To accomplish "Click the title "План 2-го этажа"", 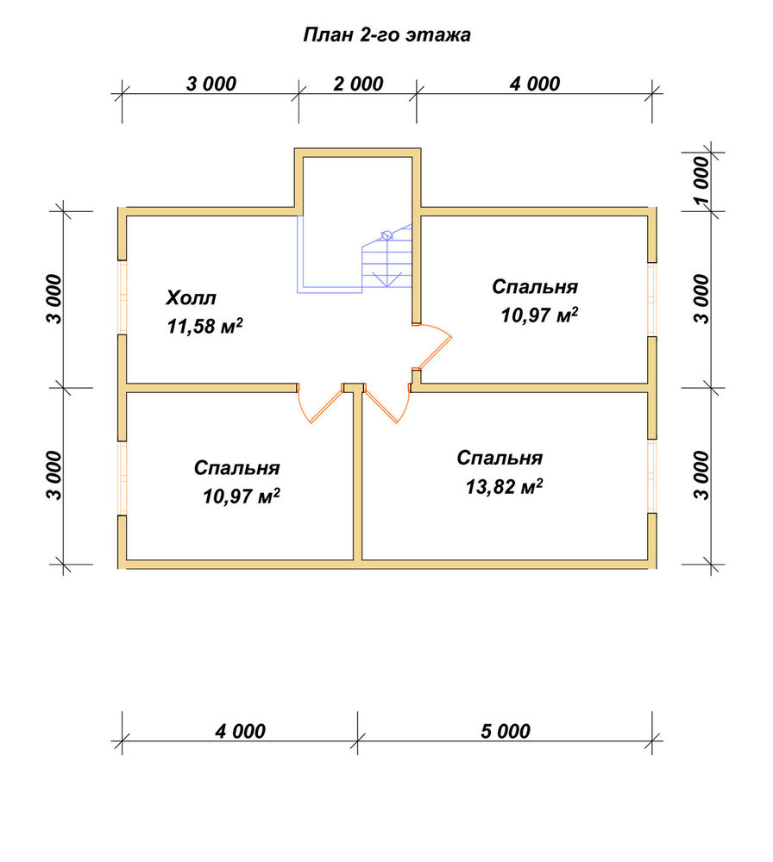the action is pyautogui.click(x=386, y=35).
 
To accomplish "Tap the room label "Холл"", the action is pyautogui.click(x=191, y=298).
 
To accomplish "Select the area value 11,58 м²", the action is pyautogui.click(x=204, y=326).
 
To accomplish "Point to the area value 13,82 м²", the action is pyautogui.click(x=504, y=486).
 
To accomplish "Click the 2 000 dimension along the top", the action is pyautogui.click(x=358, y=84).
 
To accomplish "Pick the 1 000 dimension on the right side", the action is pyautogui.click(x=701, y=181).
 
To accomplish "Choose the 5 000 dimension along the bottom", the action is pyautogui.click(x=506, y=731).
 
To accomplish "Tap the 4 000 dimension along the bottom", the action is pyautogui.click(x=241, y=731).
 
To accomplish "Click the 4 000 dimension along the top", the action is pyautogui.click(x=535, y=84).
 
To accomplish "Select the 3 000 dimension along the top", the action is pyautogui.click(x=211, y=84).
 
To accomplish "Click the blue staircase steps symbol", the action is pyautogui.click(x=386, y=259).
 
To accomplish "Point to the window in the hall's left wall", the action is pyautogui.click(x=123, y=297).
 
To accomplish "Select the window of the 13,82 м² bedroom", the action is pyautogui.click(x=652, y=476).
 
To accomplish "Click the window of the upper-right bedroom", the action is pyautogui.click(x=652, y=300).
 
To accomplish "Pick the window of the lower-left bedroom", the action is pyautogui.click(x=123, y=478).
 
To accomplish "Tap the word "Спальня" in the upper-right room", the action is pyautogui.click(x=535, y=286).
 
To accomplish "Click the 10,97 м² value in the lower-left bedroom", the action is pyautogui.click(x=241, y=497).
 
